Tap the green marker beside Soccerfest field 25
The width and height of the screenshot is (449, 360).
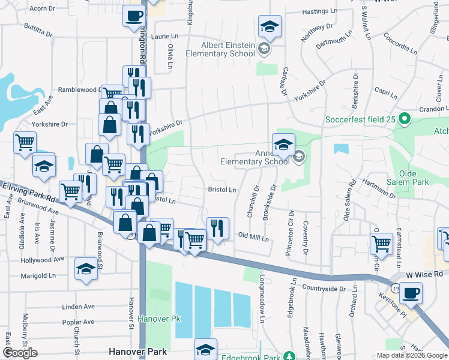[x=405, y=119]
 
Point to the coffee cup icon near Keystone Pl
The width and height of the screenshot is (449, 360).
[x=411, y=293]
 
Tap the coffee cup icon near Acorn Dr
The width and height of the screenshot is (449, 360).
[x=134, y=15]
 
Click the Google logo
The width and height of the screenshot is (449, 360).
[x=20, y=353]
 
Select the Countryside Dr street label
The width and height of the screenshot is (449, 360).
[x=324, y=289]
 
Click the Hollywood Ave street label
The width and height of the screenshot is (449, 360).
[x=43, y=259]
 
